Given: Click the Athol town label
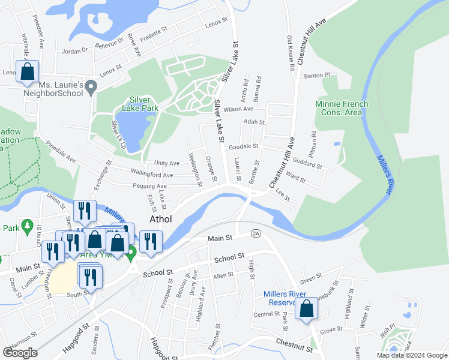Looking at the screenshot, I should point(160,220).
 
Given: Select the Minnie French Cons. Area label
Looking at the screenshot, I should point(342,108).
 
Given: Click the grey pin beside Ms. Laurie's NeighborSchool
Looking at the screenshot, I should point(91,88).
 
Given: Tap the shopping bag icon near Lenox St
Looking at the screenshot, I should point(28,72).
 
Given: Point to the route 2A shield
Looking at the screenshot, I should point(256,233).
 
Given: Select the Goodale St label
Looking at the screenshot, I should point(243,146).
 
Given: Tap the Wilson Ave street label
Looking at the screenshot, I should point(238,109).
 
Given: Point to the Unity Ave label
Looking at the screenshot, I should point(166,163).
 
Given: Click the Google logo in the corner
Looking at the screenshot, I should point(20,353).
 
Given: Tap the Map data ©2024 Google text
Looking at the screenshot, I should point(411,355).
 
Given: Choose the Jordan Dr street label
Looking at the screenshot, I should point(75,51).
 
